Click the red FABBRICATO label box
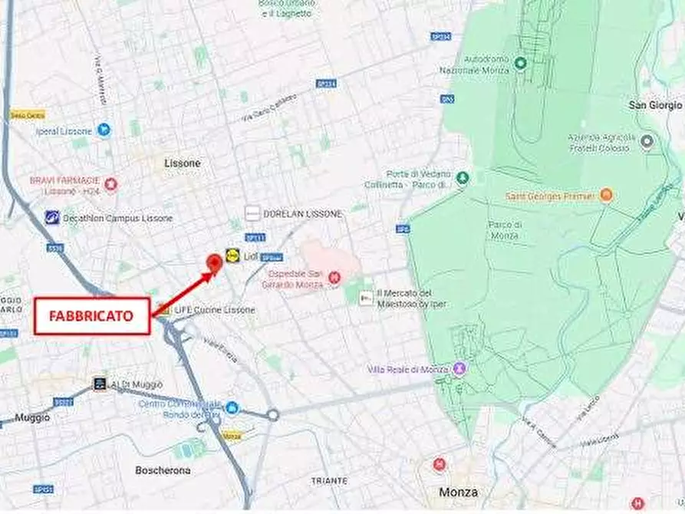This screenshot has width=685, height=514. pos(91,316)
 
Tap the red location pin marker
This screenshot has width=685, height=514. pos(215,262)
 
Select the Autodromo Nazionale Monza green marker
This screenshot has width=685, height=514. pos(520,63)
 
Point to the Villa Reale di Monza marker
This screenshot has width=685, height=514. pos(459,369)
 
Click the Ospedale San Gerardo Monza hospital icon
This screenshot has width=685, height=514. pos(334,278)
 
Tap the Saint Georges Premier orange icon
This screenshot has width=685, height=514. pos(606,196)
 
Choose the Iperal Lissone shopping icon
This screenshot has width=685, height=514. pos(104,130)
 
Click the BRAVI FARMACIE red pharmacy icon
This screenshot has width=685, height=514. pos(111,184)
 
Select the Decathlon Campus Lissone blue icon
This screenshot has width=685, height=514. pos(52,218)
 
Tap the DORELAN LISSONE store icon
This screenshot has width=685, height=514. pos(252,214)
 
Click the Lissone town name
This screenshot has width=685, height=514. pos(183,163)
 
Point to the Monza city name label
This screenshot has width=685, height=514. pos(458,492)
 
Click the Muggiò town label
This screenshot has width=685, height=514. pos(32,418)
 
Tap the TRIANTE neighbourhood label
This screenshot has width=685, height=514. pos(329,480)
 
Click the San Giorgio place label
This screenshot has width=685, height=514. pos(655,105)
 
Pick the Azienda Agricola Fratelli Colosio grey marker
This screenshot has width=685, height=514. pos(647,141)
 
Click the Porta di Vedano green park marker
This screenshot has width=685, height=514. pos(462,178)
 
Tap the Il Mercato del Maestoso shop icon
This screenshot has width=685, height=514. pos(367,298)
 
